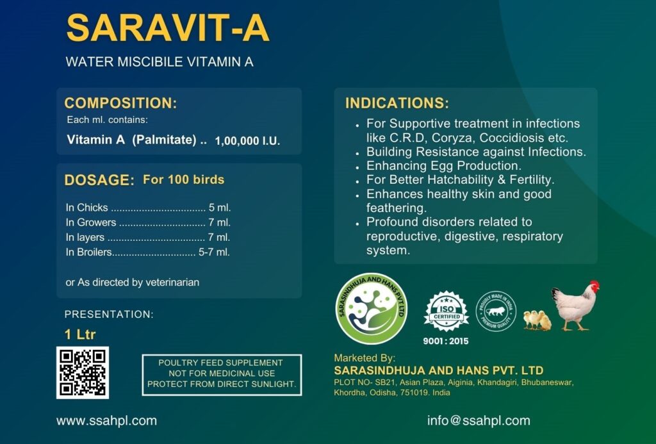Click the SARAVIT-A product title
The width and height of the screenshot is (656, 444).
point(167,28)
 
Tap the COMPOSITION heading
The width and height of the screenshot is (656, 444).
point(120,103)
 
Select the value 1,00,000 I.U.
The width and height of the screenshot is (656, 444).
point(247,140)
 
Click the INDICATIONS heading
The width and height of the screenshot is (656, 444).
point(397,103)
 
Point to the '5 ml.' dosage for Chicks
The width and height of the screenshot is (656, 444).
point(220,208)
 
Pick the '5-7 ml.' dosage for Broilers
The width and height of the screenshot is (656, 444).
point(214,252)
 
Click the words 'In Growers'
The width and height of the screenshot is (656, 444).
point(91,222)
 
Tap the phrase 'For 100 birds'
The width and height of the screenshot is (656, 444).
point(184,179)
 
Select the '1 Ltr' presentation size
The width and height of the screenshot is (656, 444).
point(80,334)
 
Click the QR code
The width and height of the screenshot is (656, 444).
point(83,372)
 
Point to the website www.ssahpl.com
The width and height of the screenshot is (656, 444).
point(107,420)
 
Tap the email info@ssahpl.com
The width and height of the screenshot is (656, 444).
point(479,420)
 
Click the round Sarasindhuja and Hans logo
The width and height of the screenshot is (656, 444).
point(372,308)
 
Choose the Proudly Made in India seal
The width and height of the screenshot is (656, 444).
point(496,311)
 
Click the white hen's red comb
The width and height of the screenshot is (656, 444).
point(594,285)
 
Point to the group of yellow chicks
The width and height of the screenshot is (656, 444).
point(537,320)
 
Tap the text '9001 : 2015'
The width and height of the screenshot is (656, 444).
point(446,341)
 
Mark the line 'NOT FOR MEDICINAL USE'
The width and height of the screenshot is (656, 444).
point(222,374)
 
